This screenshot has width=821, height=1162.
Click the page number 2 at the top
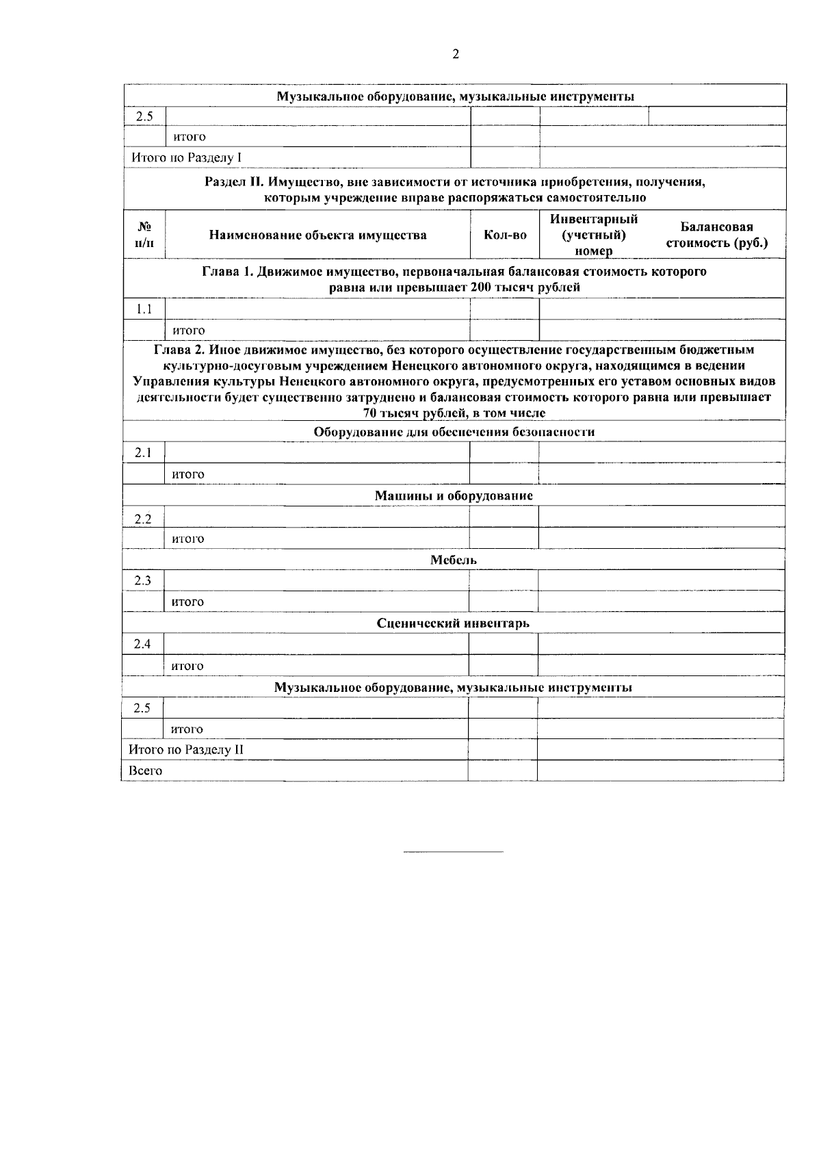click(456, 55)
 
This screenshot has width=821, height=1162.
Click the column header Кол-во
click(505, 235)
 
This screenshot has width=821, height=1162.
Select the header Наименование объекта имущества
click(317, 235)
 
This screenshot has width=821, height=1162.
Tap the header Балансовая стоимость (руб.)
click(716, 235)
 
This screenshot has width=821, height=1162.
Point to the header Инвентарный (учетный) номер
click(594, 235)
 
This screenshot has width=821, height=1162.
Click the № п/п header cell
click(144, 235)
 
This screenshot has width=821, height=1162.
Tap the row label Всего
click(146, 771)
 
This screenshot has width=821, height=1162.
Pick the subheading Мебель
click(454, 560)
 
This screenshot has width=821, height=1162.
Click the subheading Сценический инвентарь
click(453, 623)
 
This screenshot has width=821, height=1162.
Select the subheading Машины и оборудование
click(454, 495)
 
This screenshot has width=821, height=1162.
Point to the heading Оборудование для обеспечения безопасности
click(454, 432)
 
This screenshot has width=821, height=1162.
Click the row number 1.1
click(144, 309)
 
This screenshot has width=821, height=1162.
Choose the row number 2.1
click(143, 453)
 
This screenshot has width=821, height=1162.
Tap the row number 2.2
click(143, 519)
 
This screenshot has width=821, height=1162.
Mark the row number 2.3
click(143, 581)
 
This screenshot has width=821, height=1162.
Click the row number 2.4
click(142, 644)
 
